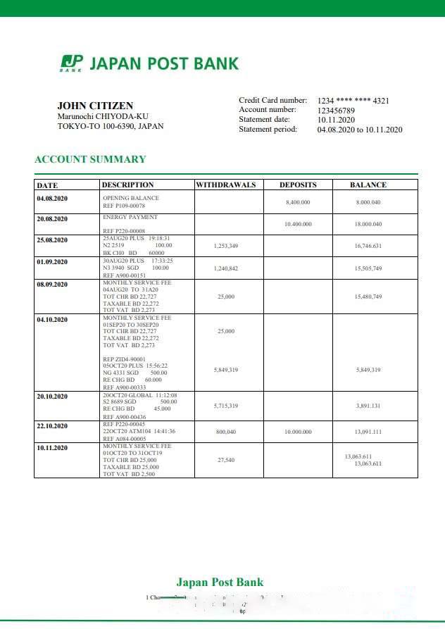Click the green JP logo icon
[71, 63]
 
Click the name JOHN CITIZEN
[95, 106]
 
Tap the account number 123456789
[336, 111]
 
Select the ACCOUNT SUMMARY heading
[90, 159]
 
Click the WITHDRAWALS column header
[225, 185]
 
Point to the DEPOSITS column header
[298, 185]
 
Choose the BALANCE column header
[368, 185]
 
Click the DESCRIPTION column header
[127, 185]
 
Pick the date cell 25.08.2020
[52, 240]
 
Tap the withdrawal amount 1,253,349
[225, 246]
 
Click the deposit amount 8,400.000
[298, 202]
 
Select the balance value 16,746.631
[368, 246]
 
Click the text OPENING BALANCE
[131, 198]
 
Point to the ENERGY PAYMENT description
[130, 217]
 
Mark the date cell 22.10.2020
[52, 426]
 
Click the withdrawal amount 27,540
[225, 459]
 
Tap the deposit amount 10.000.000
[298, 432]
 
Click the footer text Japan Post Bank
[220, 582]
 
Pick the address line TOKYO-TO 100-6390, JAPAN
[110, 126]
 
